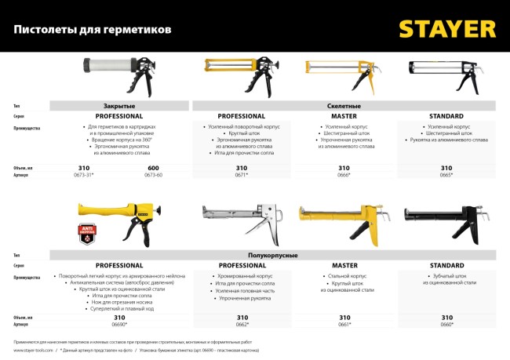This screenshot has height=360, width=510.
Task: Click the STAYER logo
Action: click(446, 28)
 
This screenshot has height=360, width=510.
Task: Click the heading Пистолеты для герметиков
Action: click(92, 30)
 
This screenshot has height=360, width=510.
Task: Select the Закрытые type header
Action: click(119, 105)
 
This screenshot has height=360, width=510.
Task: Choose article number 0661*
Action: click(344, 323)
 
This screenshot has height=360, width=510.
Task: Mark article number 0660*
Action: click(446, 323)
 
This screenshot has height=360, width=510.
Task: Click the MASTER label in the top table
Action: click(344, 115)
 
